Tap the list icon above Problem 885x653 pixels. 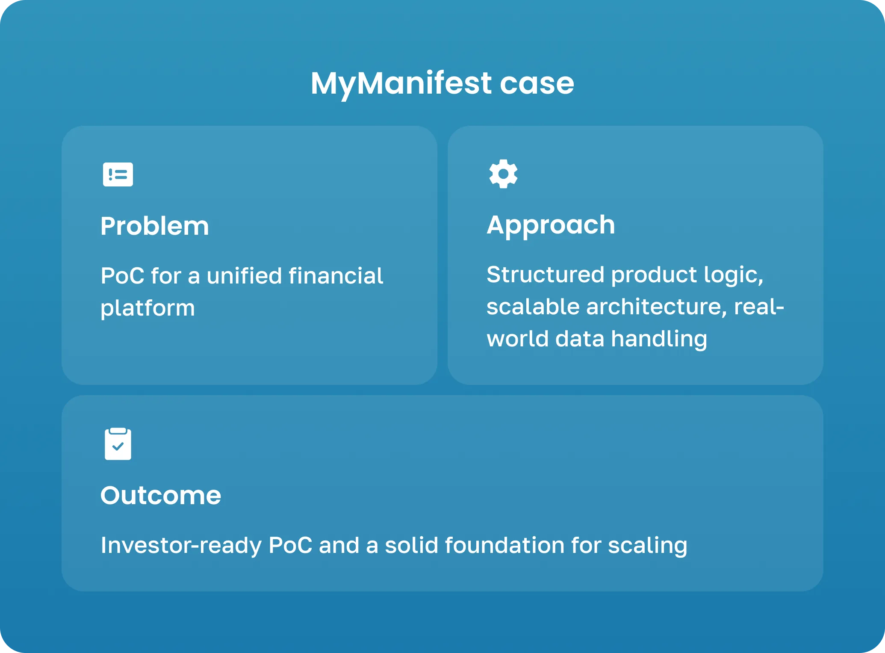[x=118, y=174]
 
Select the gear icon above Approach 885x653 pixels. [x=503, y=174]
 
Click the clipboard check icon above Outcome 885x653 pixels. [x=118, y=444]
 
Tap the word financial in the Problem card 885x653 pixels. [x=336, y=276]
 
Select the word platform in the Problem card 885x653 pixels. [x=148, y=308]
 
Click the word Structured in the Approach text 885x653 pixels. [x=545, y=275]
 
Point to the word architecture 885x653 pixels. [x=656, y=307]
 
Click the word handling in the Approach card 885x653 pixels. [x=659, y=339]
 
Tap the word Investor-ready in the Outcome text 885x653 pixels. [x=181, y=545]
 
